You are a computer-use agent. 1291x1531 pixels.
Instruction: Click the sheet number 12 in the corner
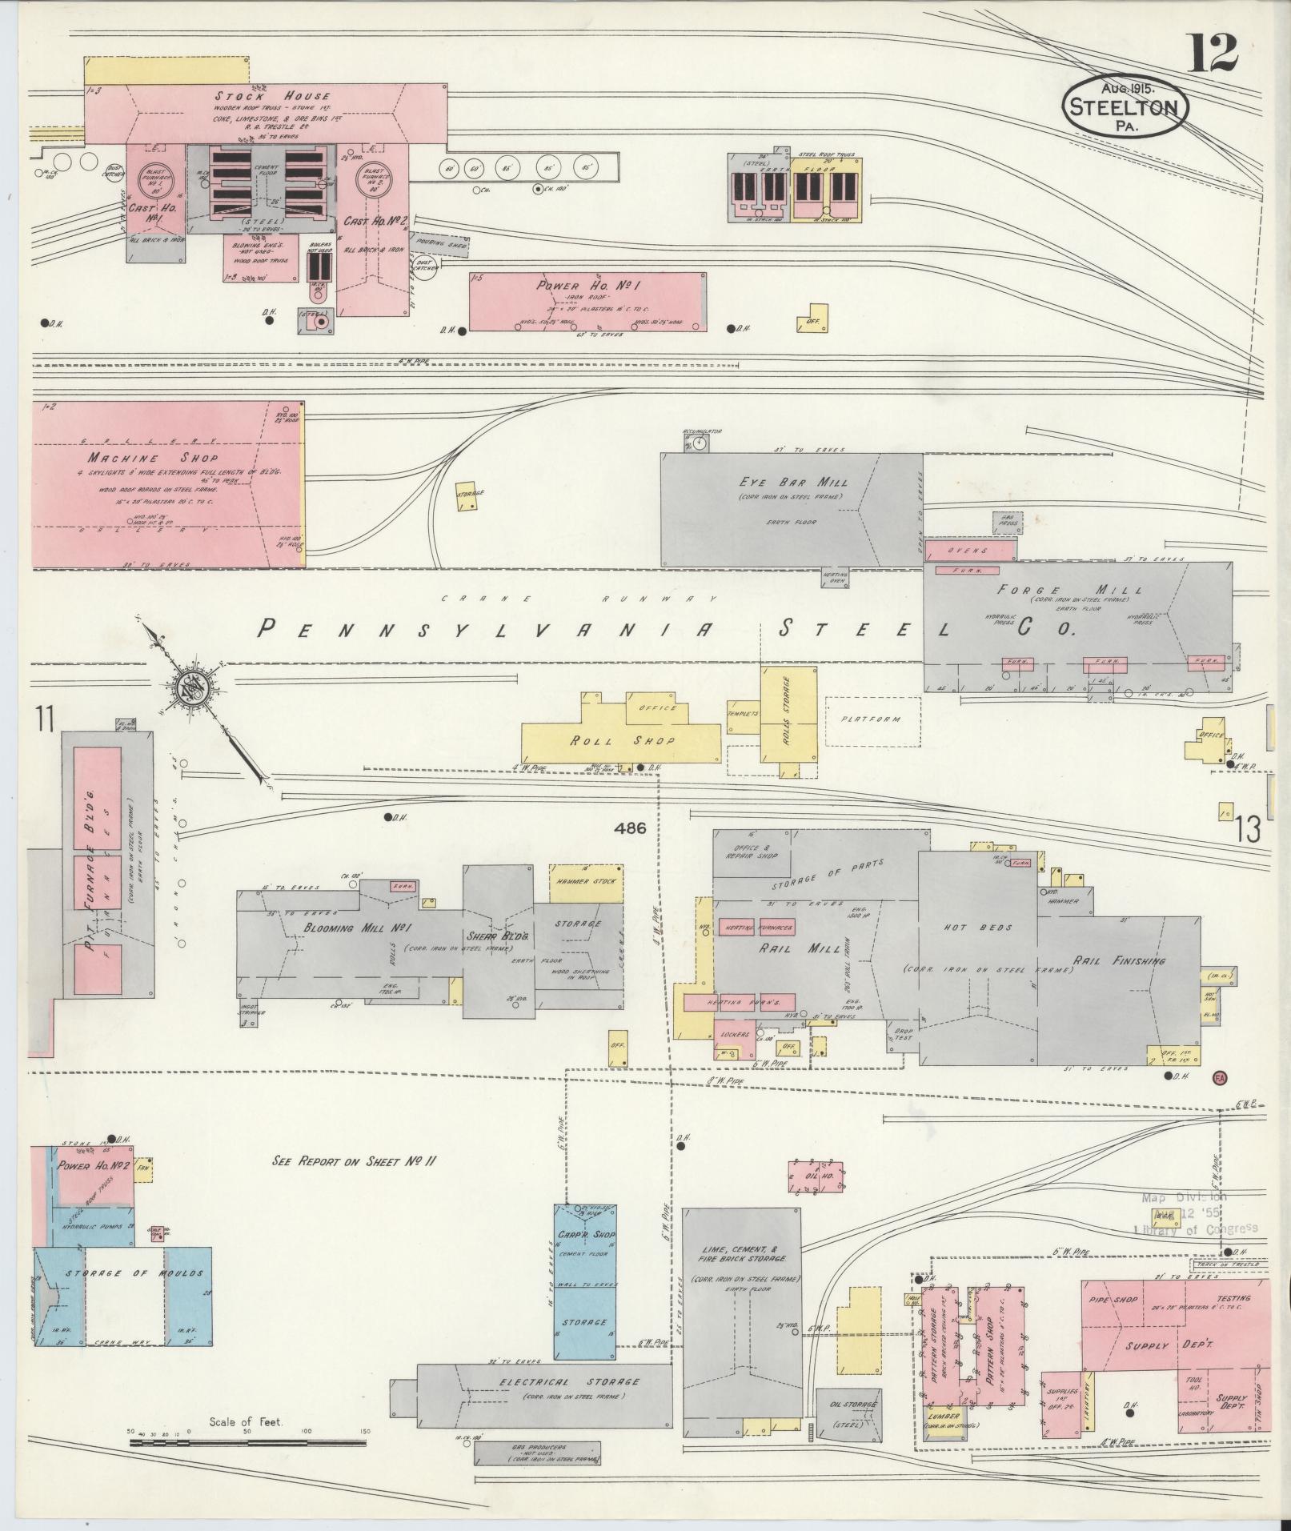[1212, 54]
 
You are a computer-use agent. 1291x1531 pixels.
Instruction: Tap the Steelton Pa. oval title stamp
[1125, 107]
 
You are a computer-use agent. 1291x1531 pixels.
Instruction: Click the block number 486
[630, 829]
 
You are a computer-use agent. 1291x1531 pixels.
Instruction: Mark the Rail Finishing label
[1119, 960]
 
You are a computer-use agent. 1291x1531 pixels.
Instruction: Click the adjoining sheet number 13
[1247, 829]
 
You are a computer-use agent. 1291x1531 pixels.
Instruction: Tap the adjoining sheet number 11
[43, 720]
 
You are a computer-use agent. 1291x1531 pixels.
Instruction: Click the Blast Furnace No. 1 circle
[152, 181]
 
